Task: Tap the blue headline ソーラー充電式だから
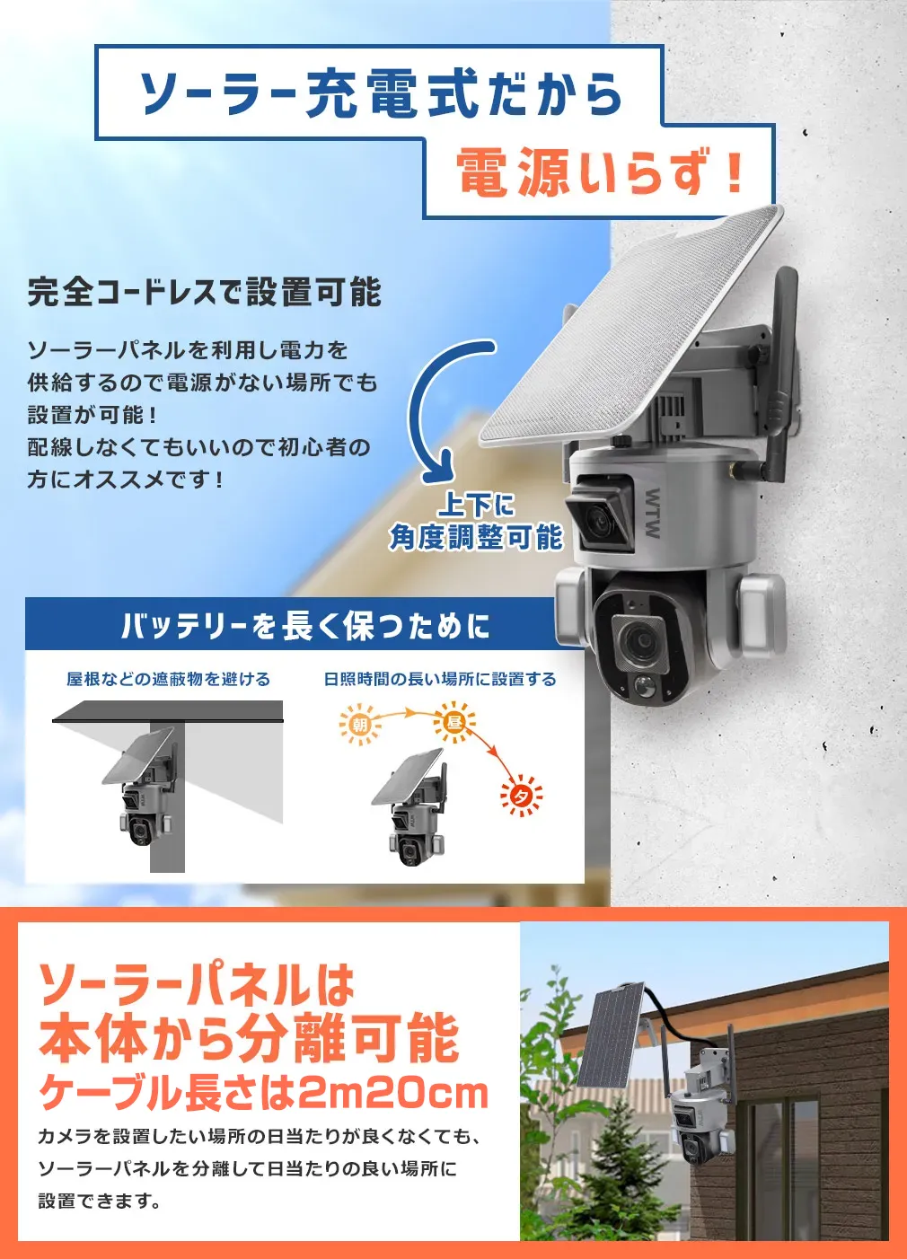pos(381,93)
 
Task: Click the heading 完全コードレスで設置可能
pos(205,293)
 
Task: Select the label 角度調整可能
pos(476,537)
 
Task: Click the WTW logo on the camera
pos(653,513)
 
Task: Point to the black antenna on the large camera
pos(781,368)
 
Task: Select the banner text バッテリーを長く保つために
pos(305,625)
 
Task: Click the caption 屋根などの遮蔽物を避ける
pos(168,679)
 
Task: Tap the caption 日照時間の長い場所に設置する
pos(440,679)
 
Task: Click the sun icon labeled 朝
pos(360,723)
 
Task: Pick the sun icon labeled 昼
pos(453,721)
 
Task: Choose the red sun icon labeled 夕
pos(521,796)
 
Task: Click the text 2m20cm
pos(392,1092)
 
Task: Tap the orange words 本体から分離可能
pos(249,1038)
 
